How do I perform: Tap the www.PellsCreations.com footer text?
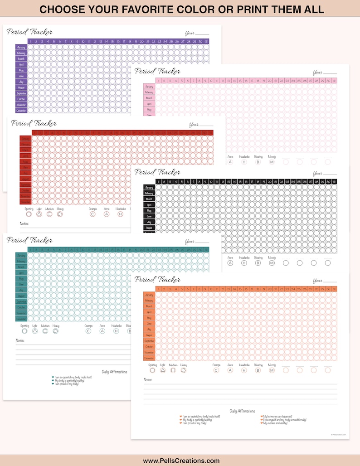[181, 461]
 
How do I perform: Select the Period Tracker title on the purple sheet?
[30, 32]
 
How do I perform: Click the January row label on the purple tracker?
[21, 47]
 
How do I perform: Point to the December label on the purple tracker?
[21, 110]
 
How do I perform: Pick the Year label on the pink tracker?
[318, 73]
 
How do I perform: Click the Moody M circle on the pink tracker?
[272, 162]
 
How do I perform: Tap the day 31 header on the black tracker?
[334, 181]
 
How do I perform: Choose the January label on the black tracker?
[149, 187]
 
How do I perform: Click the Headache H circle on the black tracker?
[244, 262]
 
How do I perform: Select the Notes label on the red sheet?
[24, 223]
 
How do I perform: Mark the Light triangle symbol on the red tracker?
[39, 214]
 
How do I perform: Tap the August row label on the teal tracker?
[21, 296]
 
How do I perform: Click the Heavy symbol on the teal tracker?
[56, 331]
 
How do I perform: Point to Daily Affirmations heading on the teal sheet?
[114, 372]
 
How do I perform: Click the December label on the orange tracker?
[149, 358]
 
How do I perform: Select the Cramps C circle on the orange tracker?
[216, 370]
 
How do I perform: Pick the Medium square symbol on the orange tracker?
[173, 370]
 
